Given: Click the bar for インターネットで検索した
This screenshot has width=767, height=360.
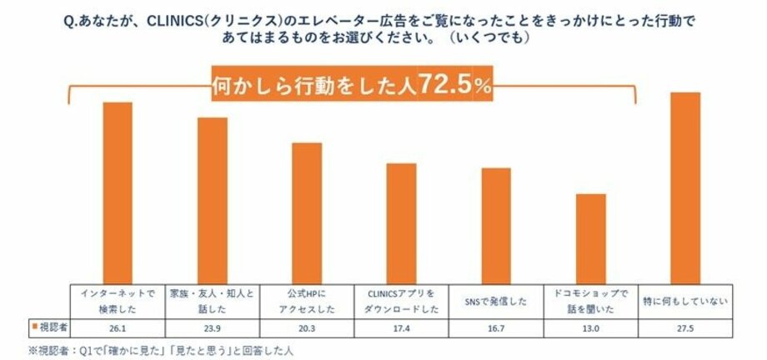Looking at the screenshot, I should [x=118, y=192].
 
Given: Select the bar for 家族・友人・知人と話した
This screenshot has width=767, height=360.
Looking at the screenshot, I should [x=212, y=200].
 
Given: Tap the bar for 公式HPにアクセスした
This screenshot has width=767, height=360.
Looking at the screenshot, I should [x=306, y=212].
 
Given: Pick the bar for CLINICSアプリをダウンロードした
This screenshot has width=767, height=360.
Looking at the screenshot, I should [x=401, y=222].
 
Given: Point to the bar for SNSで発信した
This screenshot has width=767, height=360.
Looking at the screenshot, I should [x=496, y=225].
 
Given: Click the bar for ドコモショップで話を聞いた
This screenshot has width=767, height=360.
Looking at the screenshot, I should [x=590, y=238].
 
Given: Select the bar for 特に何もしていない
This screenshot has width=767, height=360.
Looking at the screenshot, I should [x=685, y=187].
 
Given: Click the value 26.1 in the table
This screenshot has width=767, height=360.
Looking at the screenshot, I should [x=118, y=327].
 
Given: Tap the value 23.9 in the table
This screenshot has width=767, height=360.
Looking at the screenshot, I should [x=212, y=327].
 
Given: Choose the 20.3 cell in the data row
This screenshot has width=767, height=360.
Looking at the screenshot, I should [x=306, y=327].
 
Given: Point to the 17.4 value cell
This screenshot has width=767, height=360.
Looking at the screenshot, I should [x=401, y=327].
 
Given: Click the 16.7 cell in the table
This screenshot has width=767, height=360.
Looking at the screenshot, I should [x=496, y=327].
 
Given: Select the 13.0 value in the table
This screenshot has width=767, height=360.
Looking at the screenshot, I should [x=590, y=327].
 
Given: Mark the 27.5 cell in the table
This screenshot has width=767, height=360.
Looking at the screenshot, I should [x=685, y=327].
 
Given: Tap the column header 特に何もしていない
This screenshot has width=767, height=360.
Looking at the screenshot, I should [x=685, y=300].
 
